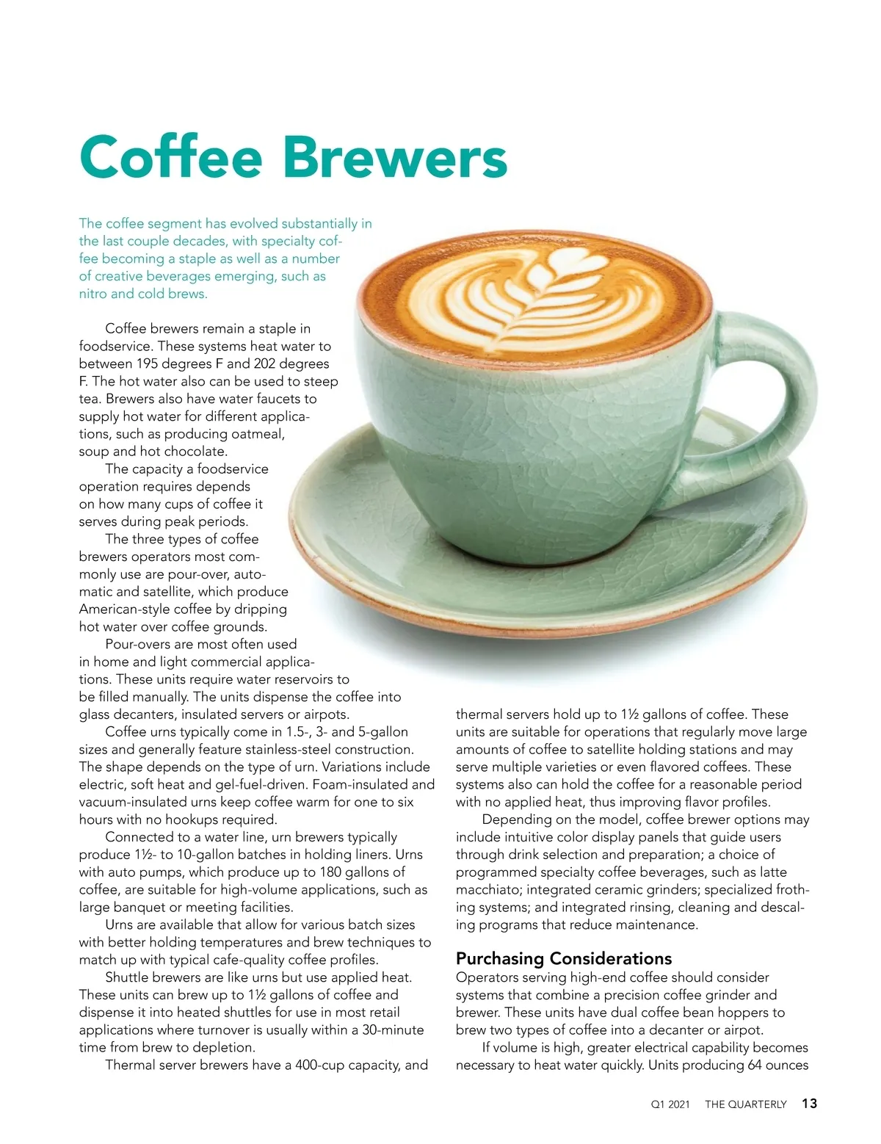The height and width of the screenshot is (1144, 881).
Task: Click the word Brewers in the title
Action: coord(395,156)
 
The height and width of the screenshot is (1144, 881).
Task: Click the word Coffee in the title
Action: coord(170,156)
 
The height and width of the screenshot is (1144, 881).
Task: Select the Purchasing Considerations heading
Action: coord(563,958)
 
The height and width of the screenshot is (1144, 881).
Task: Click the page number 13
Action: coord(809,1104)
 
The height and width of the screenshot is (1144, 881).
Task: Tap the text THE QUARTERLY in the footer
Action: coord(745,1104)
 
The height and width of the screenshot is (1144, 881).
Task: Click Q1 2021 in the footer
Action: coord(670,1104)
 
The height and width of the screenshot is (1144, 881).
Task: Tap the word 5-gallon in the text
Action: coord(383,732)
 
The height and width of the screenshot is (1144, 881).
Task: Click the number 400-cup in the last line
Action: coord(322,1065)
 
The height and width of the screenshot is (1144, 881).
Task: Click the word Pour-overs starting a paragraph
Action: coord(139,645)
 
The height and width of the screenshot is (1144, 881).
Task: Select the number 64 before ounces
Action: coord(755,1065)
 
